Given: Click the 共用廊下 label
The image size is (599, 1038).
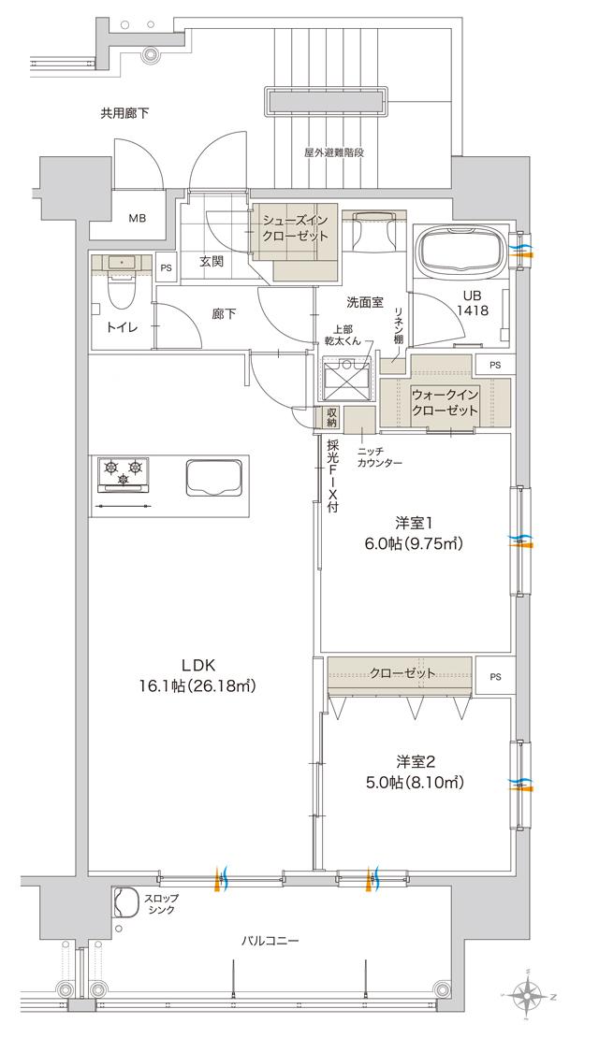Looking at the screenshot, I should pyautogui.click(x=125, y=113).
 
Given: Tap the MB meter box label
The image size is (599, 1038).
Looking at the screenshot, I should pyautogui.click(x=138, y=219).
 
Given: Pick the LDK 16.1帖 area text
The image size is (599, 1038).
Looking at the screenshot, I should pyautogui.click(x=198, y=675).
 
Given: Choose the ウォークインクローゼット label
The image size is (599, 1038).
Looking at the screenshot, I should pyautogui.click(x=446, y=402).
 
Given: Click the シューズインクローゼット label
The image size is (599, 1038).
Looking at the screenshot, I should pyautogui.click(x=296, y=228).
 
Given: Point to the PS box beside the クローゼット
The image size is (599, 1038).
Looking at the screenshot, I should pyautogui.click(x=494, y=676).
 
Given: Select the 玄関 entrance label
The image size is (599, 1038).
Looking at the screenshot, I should pyautogui.click(x=212, y=262).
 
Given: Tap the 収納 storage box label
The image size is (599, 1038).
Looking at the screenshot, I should pyautogui.click(x=332, y=417).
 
